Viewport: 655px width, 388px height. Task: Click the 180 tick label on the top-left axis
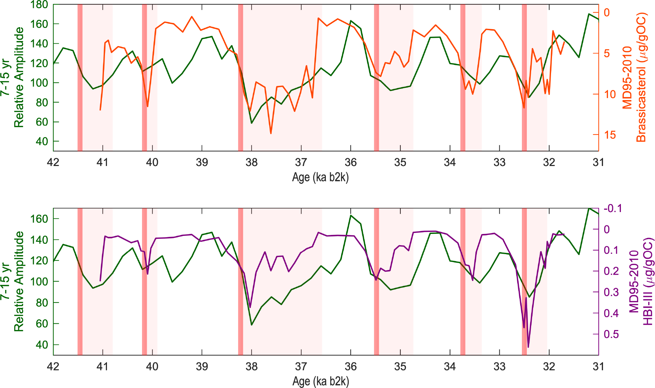39,5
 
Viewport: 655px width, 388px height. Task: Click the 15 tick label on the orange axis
610,135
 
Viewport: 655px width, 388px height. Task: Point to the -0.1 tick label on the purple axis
613,208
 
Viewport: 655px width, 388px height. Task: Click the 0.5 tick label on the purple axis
611,334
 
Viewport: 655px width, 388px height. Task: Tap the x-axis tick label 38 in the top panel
251,162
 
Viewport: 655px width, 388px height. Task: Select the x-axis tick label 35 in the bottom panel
400,366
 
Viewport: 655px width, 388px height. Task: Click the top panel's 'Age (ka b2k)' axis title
320,178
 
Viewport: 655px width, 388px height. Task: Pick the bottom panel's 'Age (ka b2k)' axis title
320,382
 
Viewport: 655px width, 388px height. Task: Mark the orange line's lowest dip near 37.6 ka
271,133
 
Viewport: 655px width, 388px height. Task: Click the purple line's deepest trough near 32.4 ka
528,347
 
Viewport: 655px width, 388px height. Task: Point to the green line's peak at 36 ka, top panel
351,21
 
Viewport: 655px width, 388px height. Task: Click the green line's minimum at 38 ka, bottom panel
252,325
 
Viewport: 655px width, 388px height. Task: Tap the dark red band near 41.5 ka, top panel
80,78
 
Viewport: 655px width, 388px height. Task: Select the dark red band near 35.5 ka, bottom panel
377,282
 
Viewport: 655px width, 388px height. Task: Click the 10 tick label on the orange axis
610,94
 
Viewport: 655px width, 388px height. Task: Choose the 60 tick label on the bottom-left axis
41,324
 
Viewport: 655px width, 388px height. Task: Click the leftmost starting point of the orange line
100,110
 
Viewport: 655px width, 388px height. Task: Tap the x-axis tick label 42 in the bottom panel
53,366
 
